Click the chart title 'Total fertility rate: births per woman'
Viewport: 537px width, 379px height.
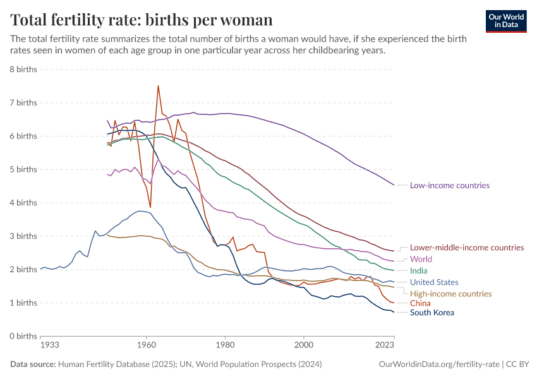pos(142,20)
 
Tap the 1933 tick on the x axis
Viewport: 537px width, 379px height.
pos(50,346)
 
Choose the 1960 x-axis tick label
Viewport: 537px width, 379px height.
pos(146,346)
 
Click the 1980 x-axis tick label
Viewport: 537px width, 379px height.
pos(225,346)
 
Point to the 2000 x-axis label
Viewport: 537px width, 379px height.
pos(304,346)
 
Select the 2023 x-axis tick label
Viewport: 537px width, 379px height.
pos(384,346)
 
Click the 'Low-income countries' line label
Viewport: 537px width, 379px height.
pos(450,186)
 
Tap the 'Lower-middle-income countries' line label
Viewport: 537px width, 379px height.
pos(467,248)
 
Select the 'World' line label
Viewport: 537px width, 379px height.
pos(421,259)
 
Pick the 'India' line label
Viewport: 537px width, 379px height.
pos(419,271)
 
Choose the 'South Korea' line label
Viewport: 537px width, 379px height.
pos(432,313)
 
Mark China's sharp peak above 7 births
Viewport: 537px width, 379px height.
pos(158,86)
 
